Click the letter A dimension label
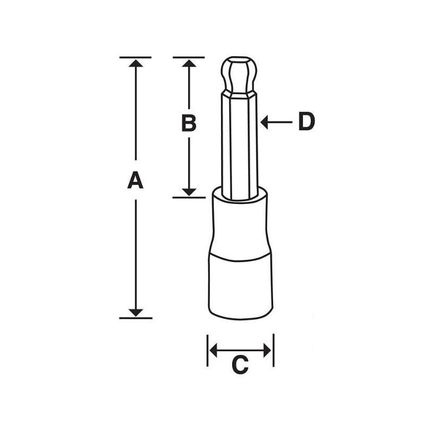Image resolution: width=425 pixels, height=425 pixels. coord(135,181)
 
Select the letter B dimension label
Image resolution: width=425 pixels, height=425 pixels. coord(189,123)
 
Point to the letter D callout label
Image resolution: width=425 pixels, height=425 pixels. coord(306,122)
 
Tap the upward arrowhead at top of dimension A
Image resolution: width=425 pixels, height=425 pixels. coord(136,64)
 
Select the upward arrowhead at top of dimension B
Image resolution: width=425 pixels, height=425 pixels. coord(189,64)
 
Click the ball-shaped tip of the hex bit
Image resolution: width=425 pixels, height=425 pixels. coord(239,74)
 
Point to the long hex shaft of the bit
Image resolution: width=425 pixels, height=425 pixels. coord(240,143)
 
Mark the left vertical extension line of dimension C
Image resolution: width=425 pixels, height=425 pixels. coord(207,351)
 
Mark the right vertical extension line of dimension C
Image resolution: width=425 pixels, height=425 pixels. coord(274,351)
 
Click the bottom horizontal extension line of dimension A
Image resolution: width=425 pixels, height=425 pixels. coord(135,318)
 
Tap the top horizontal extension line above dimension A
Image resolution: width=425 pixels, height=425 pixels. coord(135,57)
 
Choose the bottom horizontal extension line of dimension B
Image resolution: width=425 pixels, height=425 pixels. coord(189,197)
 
